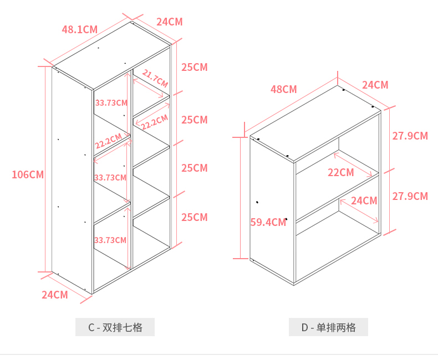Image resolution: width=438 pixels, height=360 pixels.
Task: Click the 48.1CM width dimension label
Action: pyautogui.click(x=79, y=29)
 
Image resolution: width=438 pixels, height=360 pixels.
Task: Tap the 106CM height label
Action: pyautogui.click(x=28, y=175)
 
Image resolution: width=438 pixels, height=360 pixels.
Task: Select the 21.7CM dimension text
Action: pyautogui.click(x=155, y=78)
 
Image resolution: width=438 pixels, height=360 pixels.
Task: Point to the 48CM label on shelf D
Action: pyautogui.click(x=283, y=89)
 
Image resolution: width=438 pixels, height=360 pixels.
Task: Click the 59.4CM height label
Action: pyautogui.click(x=268, y=223)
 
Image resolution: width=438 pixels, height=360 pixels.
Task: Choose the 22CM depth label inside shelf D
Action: pyautogui.click(x=340, y=173)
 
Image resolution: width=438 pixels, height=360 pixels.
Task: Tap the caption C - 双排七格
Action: pyautogui.click(x=115, y=327)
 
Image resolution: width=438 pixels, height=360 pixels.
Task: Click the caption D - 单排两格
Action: pyautogui.click(x=328, y=327)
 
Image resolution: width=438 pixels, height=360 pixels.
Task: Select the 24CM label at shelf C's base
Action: pyautogui.click(x=54, y=295)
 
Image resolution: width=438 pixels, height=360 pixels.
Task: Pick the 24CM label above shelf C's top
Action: pyautogui.click(x=169, y=22)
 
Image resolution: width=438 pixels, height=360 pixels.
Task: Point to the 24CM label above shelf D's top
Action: pyautogui.click(x=375, y=85)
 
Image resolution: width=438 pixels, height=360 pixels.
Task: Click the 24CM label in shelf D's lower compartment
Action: pyautogui.click(x=364, y=201)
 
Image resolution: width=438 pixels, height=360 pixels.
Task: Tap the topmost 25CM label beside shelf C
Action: pyautogui.click(x=194, y=68)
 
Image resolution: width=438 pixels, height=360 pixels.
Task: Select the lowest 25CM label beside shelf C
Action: pyautogui.click(x=194, y=217)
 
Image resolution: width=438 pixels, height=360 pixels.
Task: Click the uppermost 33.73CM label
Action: pyautogui.click(x=111, y=103)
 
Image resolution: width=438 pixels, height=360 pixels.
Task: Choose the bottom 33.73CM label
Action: pyautogui.click(x=110, y=240)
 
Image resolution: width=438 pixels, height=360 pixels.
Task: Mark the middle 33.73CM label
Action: pyautogui.click(x=111, y=178)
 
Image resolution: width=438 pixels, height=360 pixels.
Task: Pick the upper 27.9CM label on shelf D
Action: pyautogui.click(x=410, y=136)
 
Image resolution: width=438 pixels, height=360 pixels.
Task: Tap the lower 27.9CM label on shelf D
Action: pyautogui.click(x=410, y=196)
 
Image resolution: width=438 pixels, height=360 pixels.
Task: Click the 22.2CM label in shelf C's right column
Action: pyautogui.click(x=154, y=122)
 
